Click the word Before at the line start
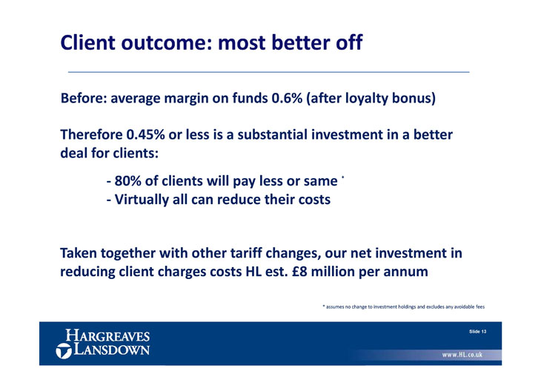[84, 98]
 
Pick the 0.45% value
[145, 134]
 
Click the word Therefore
[91, 134]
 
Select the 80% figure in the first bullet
[127, 181]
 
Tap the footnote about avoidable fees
[404, 307]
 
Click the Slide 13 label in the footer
[478, 332]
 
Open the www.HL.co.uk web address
[462, 355]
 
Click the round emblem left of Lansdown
[64, 351]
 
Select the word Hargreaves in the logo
[107, 335]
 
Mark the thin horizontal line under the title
[269, 72]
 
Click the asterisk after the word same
[342, 177]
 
